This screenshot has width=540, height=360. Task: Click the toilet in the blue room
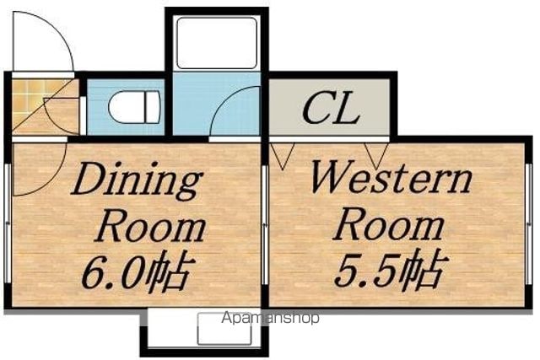[x=134, y=107]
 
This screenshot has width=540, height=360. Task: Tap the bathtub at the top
[x=217, y=43]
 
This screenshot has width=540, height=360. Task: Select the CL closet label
[x=331, y=109]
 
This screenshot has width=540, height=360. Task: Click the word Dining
[x=137, y=180]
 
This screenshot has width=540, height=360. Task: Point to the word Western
[x=391, y=179]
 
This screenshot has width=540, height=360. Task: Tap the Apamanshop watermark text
[x=270, y=318]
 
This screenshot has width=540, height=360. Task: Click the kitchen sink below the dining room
[x=224, y=329]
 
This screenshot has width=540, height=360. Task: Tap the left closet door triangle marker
[x=283, y=156]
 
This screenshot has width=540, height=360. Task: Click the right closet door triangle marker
[x=376, y=156]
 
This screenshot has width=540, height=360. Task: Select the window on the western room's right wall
[x=529, y=223]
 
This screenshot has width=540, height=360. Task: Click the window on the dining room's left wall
[x=8, y=223]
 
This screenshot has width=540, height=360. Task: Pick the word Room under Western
[x=388, y=226]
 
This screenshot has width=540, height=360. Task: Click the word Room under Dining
[x=150, y=227]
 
